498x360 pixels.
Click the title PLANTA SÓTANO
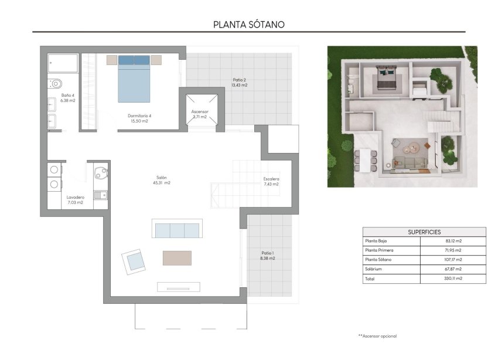coord(249,25)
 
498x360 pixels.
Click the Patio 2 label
coord(239,82)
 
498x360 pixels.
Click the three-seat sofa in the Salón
coord(177,229)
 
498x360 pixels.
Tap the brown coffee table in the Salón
coord(177,258)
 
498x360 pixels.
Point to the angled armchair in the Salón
coord(135,260)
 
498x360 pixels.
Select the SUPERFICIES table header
coord(424,232)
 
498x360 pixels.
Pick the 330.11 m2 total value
coord(453,279)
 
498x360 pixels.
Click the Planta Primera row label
coord(380,250)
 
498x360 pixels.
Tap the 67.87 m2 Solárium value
coord(453,269)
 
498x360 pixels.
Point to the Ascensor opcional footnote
coord(377,336)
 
